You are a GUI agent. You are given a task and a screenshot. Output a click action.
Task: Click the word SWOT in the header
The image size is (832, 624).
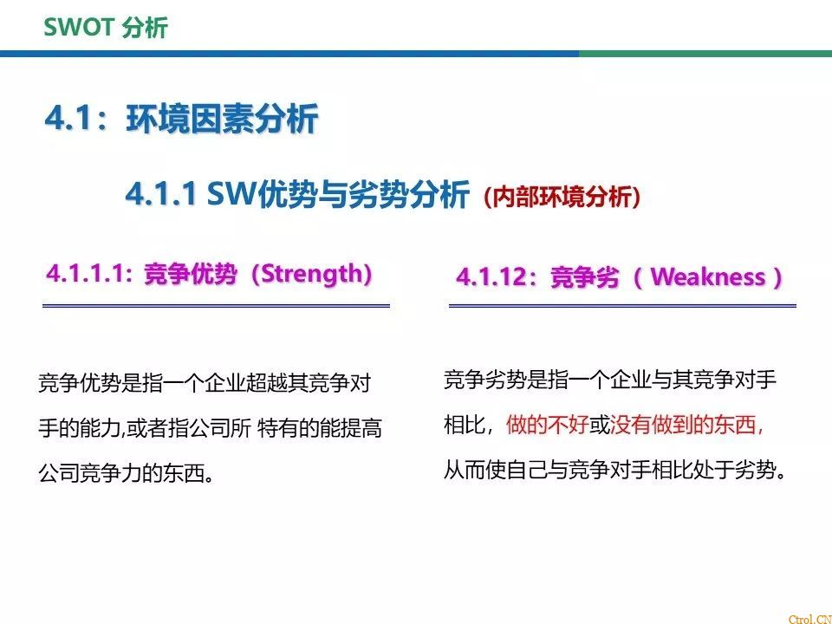pyautogui.click(x=79, y=27)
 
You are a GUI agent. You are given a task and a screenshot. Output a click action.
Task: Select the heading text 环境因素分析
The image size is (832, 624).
pyautogui.click(x=223, y=118)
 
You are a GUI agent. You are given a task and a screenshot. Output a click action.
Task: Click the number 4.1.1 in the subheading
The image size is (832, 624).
pyautogui.click(x=161, y=193)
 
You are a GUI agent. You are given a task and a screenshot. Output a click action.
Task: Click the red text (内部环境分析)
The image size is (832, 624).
pyautogui.click(x=562, y=197)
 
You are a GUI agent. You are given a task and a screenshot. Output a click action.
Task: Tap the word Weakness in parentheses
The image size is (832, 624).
pyautogui.click(x=707, y=277)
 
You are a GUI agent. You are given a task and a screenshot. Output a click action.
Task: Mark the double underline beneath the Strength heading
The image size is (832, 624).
pyautogui.click(x=216, y=306)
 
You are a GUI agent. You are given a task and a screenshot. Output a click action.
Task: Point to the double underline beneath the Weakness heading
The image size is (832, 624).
pyautogui.click(x=622, y=306)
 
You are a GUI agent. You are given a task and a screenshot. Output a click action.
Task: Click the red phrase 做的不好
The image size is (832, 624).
pyautogui.click(x=547, y=425)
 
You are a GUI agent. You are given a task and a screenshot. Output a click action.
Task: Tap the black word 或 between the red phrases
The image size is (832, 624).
pyautogui.click(x=600, y=425)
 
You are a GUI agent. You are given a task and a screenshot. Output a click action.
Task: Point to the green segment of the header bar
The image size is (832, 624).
pyautogui.click(x=705, y=54)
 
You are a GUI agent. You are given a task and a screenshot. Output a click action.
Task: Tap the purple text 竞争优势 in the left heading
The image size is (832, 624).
pyautogui.click(x=191, y=275)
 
